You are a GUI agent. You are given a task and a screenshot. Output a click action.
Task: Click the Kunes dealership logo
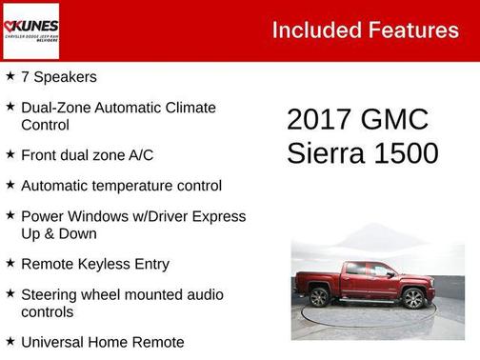point(30,30)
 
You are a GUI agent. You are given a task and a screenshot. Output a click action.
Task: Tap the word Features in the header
point(414,30)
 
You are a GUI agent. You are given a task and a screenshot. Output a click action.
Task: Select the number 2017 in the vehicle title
point(319,120)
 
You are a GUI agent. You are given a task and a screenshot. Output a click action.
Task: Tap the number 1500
point(408,153)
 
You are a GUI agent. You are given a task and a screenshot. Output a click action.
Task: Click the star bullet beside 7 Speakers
point(10,76)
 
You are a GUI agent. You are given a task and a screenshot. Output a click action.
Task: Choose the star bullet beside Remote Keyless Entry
point(10,263)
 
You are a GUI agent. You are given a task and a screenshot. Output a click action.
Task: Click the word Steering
point(51,294)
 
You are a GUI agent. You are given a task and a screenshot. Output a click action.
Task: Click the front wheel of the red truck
point(413,298)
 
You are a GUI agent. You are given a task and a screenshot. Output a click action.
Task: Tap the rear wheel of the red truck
point(320,296)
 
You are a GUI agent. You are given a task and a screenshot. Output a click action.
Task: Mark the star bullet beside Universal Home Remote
point(10,341)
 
